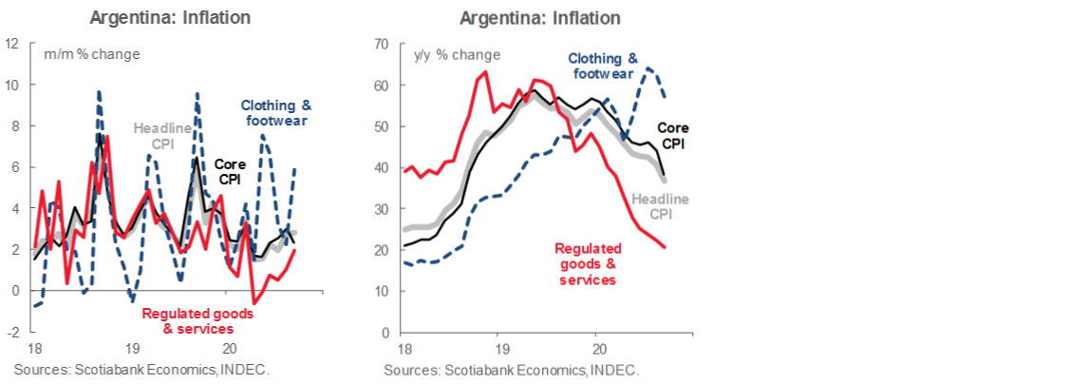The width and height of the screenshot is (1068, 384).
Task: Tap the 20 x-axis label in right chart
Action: point(596,349)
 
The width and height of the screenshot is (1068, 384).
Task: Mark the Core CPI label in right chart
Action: point(672,136)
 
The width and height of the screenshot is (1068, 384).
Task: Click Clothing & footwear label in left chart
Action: point(275,113)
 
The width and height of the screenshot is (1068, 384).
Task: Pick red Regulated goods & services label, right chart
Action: point(588,264)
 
